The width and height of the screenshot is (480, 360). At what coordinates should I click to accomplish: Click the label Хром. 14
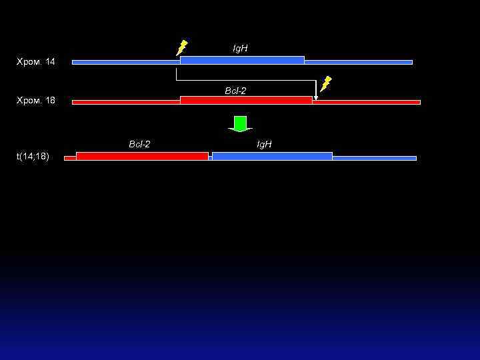tap(35, 62)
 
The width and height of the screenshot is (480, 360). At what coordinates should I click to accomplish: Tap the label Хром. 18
tap(35, 101)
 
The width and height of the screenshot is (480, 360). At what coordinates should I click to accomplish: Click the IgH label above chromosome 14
tap(240, 49)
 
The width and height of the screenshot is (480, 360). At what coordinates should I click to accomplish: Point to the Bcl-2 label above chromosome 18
tap(235, 91)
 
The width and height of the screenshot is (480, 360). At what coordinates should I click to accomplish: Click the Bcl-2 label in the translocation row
tap(139, 144)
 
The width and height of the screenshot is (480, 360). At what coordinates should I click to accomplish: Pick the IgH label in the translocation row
tap(265, 144)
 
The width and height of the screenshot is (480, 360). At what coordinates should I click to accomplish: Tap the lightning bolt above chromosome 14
tap(181, 47)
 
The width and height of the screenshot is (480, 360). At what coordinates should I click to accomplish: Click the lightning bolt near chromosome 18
tap(325, 84)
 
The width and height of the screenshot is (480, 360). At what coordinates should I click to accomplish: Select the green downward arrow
tap(240, 124)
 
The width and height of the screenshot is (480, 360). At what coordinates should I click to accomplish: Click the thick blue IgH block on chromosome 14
tap(242, 60)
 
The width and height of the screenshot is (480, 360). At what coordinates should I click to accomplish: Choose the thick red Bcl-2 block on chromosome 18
tap(245, 100)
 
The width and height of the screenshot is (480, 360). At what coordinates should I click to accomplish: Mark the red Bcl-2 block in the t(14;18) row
tap(142, 156)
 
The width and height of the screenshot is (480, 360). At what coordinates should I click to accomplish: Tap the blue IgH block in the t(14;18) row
tap(272, 156)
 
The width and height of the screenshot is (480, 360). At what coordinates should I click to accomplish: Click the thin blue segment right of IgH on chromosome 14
tap(358, 62)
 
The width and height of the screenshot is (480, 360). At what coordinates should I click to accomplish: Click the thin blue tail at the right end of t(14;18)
tap(374, 158)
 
